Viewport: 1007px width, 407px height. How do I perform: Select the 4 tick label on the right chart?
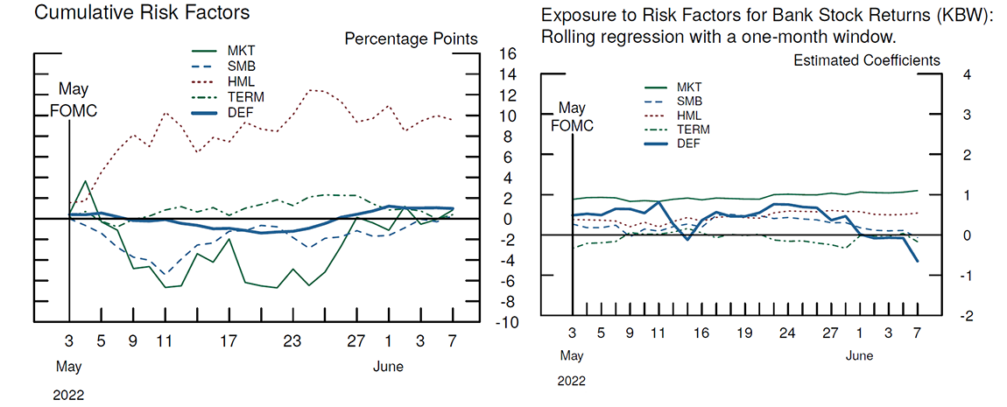point(966,74)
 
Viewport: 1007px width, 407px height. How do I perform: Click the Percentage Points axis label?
point(411,39)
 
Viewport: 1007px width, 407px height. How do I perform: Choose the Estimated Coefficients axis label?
point(867,60)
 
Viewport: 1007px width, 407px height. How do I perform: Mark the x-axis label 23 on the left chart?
point(292,341)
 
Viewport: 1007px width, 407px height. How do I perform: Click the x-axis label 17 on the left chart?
point(228,341)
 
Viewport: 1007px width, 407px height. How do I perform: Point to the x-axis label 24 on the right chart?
point(787,333)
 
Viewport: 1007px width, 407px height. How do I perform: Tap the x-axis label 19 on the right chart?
point(744,333)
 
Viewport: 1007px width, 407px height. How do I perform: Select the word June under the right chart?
point(860,356)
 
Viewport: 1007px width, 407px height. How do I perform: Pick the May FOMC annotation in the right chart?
point(572,116)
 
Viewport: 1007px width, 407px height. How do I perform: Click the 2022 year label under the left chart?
point(68,395)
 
